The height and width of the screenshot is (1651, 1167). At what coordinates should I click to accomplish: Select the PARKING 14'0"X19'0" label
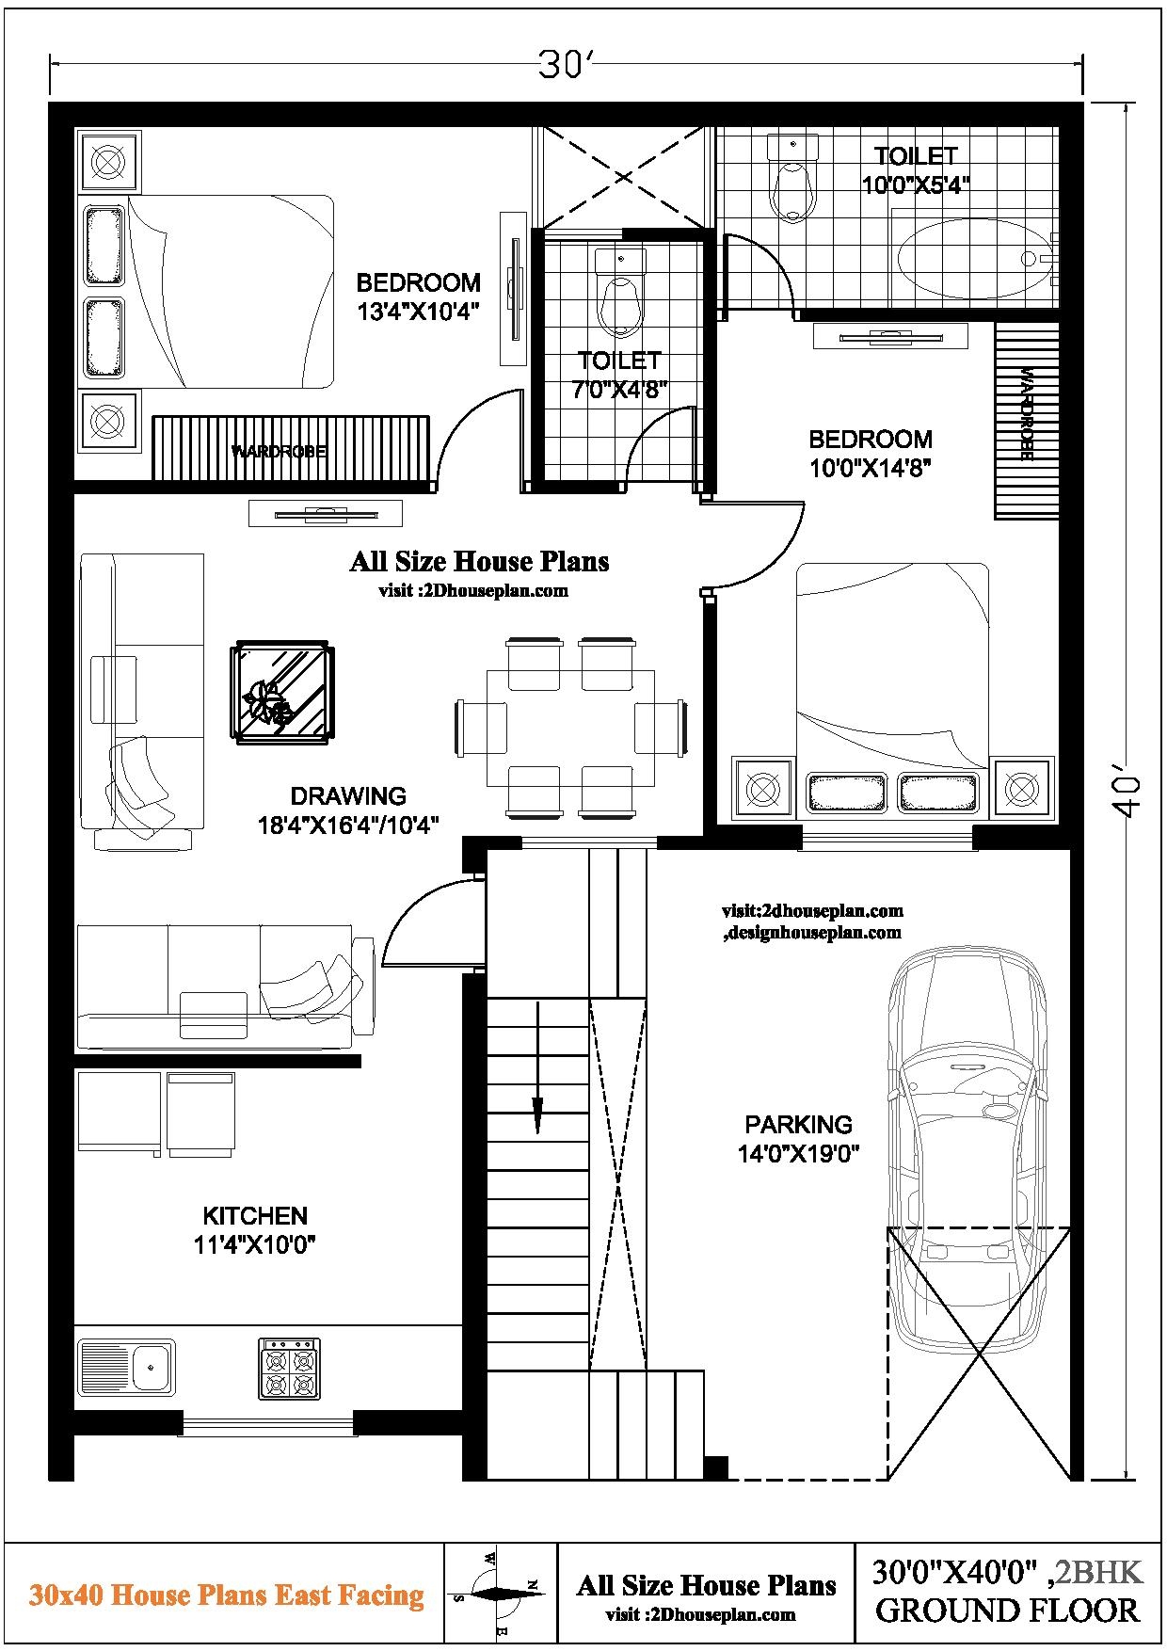798,1138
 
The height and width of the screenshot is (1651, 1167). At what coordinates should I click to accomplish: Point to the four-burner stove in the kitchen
290,1369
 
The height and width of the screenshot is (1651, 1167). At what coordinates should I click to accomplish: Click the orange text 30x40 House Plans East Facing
226,1595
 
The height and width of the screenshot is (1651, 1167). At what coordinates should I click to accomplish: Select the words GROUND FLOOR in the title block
1006,1611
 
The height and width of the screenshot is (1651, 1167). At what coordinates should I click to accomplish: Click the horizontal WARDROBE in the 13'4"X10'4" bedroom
290,450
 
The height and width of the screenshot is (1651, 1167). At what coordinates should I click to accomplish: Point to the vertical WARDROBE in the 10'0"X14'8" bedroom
1026,420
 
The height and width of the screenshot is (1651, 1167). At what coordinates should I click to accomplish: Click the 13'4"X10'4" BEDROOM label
418,296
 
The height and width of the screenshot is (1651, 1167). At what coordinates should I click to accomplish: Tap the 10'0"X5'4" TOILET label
915,169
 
